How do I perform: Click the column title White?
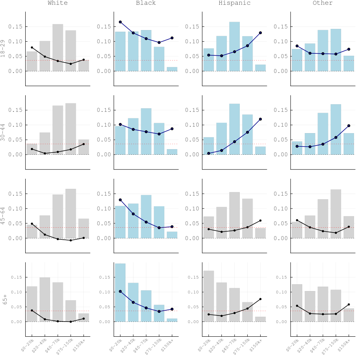tap(58, 3)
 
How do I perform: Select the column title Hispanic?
tap(234, 3)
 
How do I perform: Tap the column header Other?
tap(322, 3)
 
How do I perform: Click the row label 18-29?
tap(3, 49)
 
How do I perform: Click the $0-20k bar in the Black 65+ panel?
tap(120, 292)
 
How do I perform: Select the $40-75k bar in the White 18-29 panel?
tap(58, 48)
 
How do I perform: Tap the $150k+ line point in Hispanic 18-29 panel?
tap(260, 33)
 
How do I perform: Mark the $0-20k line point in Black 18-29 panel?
tap(120, 22)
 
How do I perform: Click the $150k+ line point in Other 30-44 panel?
tap(349, 125)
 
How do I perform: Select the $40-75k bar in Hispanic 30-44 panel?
tap(234, 129)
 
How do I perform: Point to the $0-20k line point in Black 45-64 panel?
tap(120, 200)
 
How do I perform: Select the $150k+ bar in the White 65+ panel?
tap(84, 318)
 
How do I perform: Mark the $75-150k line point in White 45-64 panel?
tap(71, 240)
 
